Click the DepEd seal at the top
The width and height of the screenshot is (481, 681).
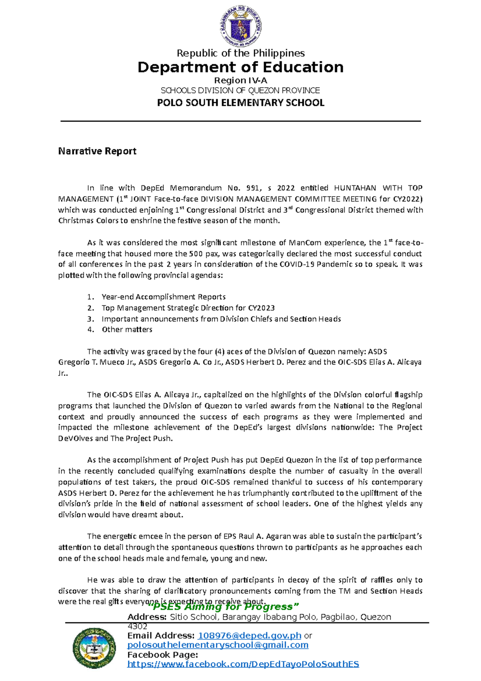point(240,27)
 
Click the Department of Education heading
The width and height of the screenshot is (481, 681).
point(240,67)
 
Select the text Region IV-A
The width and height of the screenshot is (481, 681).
point(240,80)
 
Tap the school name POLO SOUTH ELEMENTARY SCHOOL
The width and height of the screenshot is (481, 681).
point(240,103)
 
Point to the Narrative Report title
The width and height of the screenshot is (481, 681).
point(97,151)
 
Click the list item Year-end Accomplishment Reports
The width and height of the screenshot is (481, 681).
point(164,297)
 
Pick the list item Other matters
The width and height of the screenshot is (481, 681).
point(127,329)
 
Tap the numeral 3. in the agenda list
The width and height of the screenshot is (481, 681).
point(91,319)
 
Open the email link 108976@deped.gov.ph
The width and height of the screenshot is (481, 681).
point(250,636)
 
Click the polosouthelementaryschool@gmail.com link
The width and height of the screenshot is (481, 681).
point(218,645)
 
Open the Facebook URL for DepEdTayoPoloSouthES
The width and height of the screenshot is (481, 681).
point(243,664)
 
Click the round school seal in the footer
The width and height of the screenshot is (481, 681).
point(94,648)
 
